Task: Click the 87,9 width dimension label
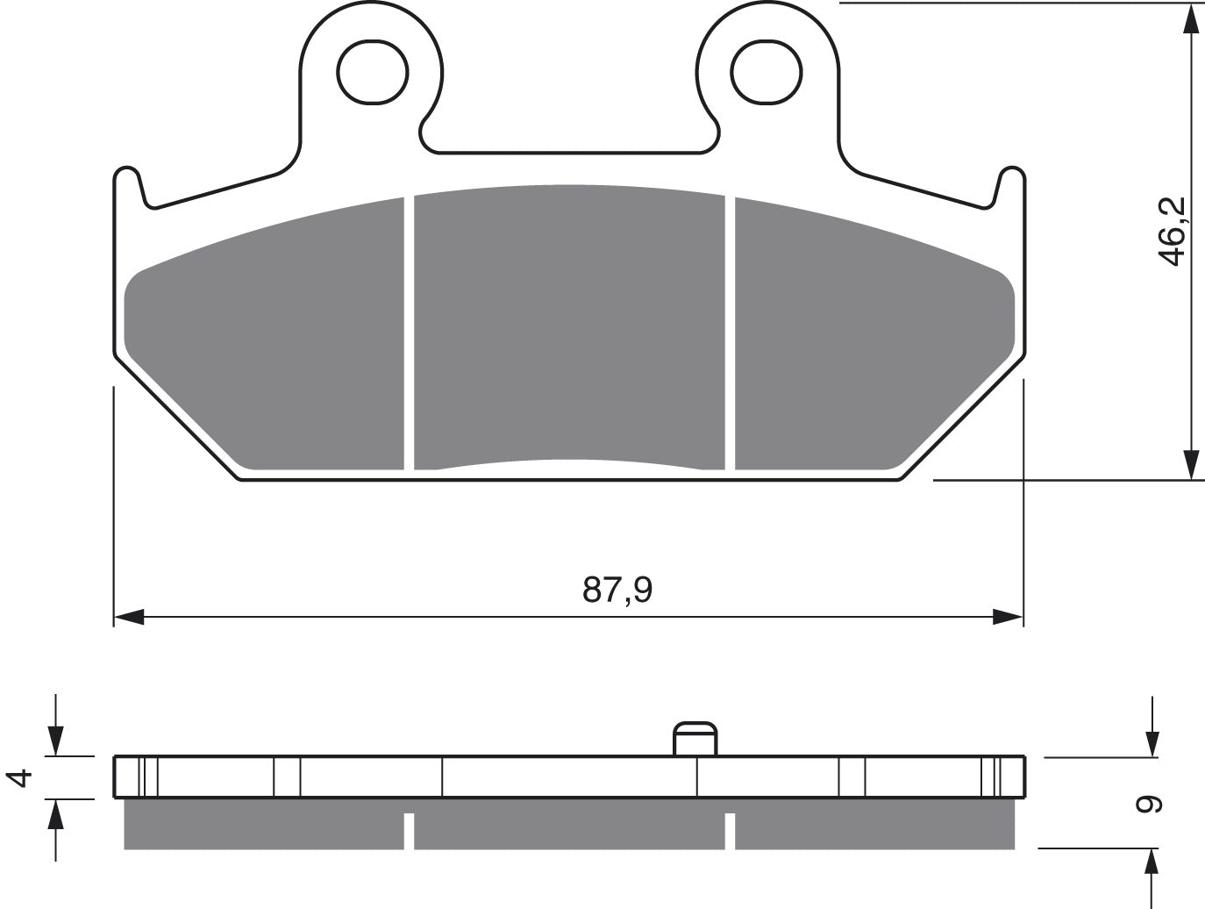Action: (x=617, y=590)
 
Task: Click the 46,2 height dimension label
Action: (x=1171, y=232)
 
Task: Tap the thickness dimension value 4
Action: (x=19, y=778)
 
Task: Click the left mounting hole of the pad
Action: (x=373, y=72)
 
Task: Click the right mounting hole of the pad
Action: (x=766, y=72)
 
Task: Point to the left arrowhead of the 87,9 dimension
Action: (x=129, y=617)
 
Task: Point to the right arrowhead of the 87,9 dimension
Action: (x=1008, y=617)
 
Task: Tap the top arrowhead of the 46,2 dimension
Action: (x=1191, y=20)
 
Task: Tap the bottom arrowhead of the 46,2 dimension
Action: (x=1191, y=465)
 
